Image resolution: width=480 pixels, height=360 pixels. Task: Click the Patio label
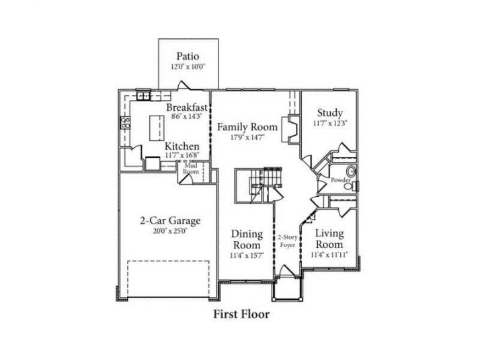click(x=188, y=56)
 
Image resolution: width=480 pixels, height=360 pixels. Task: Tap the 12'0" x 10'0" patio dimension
click(x=188, y=66)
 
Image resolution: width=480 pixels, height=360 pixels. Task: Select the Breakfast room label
click(x=186, y=107)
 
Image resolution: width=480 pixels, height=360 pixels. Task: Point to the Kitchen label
click(x=182, y=146)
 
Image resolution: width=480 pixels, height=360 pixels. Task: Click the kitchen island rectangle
click(x=155, y=126)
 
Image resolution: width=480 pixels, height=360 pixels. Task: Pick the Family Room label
click(x=247, y=126)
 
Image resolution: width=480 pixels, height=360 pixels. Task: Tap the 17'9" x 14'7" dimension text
click(x=247, y=137)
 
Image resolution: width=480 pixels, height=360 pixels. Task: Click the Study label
click(x=330, y=113)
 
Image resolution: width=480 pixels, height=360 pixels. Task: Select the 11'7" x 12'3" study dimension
click(x=330, y=124)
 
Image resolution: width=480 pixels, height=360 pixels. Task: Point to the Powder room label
click(x=341, y=180)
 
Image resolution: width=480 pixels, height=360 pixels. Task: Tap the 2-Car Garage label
click(x=170, y=220)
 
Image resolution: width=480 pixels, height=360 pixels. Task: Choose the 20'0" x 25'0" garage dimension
click(x=170, y=232)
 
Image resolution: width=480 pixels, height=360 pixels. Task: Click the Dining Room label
click(x=247, y=239)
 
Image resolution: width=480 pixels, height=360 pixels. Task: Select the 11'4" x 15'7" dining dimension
click(x=247, y=255)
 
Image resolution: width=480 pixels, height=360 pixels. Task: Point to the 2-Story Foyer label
click(x=288, y=242)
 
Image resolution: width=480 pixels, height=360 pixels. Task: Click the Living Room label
click(x=329, y=239)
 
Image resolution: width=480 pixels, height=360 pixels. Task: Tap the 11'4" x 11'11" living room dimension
click(x=329, y=255)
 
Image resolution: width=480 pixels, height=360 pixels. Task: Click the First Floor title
click(x=241, y=314)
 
